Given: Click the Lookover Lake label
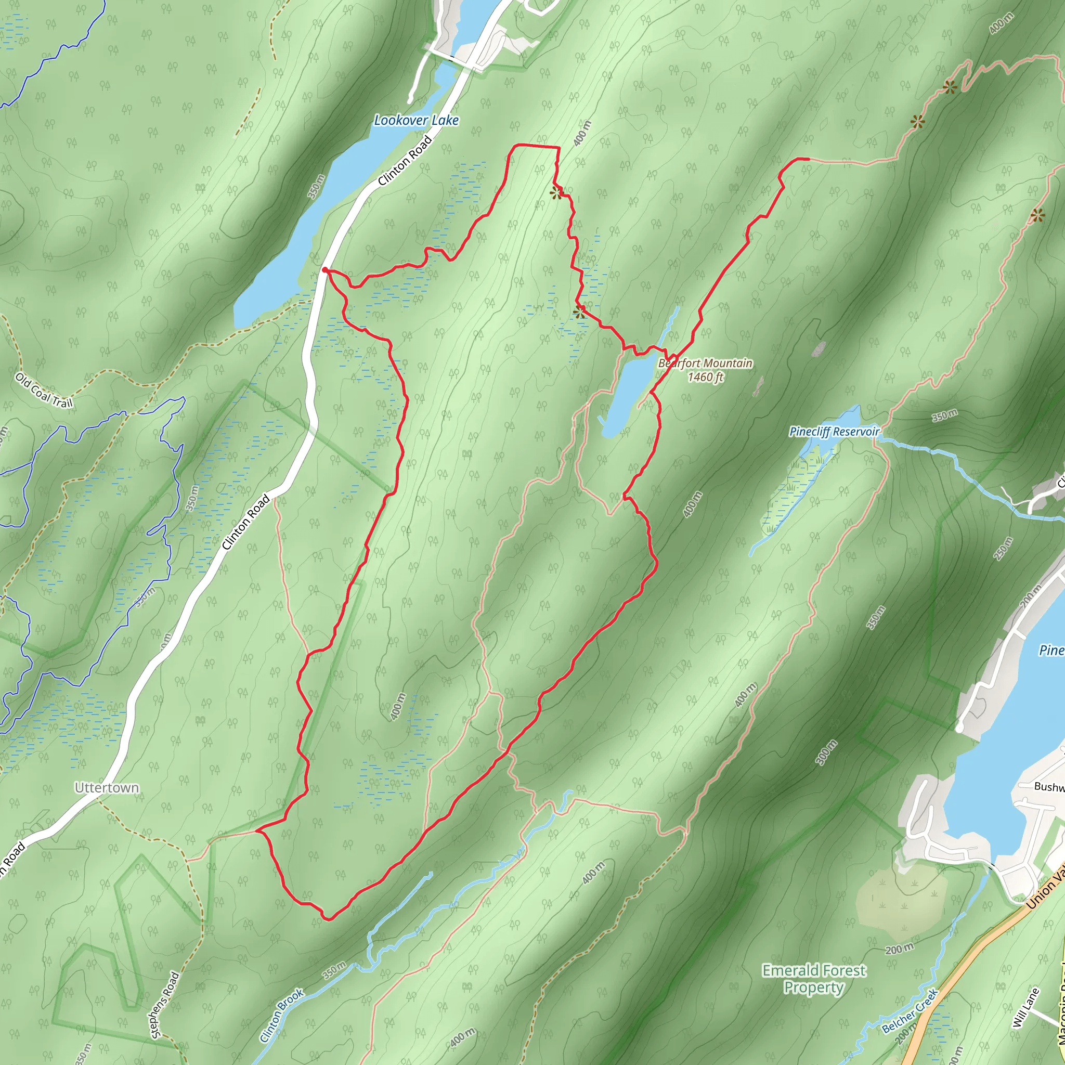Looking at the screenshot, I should tap(416, 120).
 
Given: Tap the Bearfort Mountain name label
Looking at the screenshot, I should tap(705, 363).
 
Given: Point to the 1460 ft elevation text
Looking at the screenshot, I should tap(705, 377).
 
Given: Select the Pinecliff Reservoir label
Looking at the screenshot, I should tap(834, 432).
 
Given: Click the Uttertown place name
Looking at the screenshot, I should tap(107, 788).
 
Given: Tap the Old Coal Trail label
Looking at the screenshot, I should tap(44, 391).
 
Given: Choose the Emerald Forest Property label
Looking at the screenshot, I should tap(814, 979).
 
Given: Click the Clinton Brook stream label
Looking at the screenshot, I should tap(282, 1016).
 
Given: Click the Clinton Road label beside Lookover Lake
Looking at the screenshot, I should tap(405, 160).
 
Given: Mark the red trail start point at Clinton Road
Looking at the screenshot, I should tap(324, 269).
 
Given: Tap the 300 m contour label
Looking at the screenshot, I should tap(826, 753).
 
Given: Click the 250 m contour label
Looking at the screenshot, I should tap(1003, 549).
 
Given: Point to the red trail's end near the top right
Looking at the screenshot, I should tap(808, 159).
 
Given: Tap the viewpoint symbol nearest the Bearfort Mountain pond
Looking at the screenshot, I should tap(579, 313).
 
